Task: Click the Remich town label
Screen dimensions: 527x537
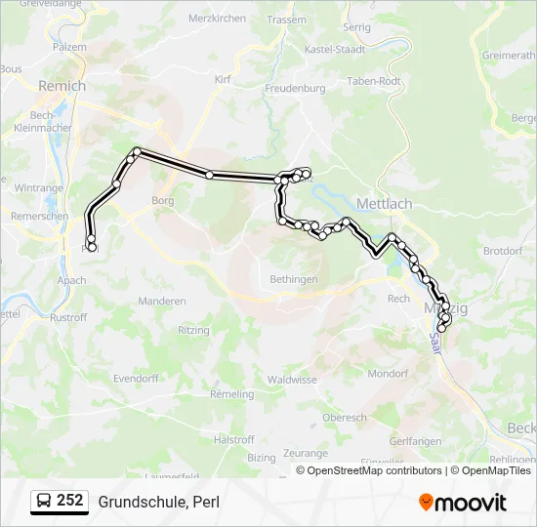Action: tap(62, 86)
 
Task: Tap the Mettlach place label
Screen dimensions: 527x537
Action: tap(385, 204)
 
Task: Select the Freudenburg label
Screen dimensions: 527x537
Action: tap(294, 88)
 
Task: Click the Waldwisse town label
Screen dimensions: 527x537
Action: tap(292, 379)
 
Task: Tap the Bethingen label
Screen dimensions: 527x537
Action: tap(294, 279)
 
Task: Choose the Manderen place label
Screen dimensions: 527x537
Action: tap(162, 302)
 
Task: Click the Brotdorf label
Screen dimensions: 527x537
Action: tap(503, 251)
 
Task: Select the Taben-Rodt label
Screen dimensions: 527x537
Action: tap(374, 81)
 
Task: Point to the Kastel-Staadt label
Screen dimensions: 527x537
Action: tap(335, 49)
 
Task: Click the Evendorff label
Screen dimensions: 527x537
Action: tap(136, 378)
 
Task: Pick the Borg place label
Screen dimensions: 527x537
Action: tap(162, 200)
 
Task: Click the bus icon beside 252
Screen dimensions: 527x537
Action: tap(44, 502)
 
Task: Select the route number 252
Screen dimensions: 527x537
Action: tap(70, 501)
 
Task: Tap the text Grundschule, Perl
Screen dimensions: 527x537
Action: tap(158, 502)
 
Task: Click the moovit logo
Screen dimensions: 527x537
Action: tap(463, 502)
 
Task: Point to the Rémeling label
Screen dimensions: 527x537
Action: tap(231, 394)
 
